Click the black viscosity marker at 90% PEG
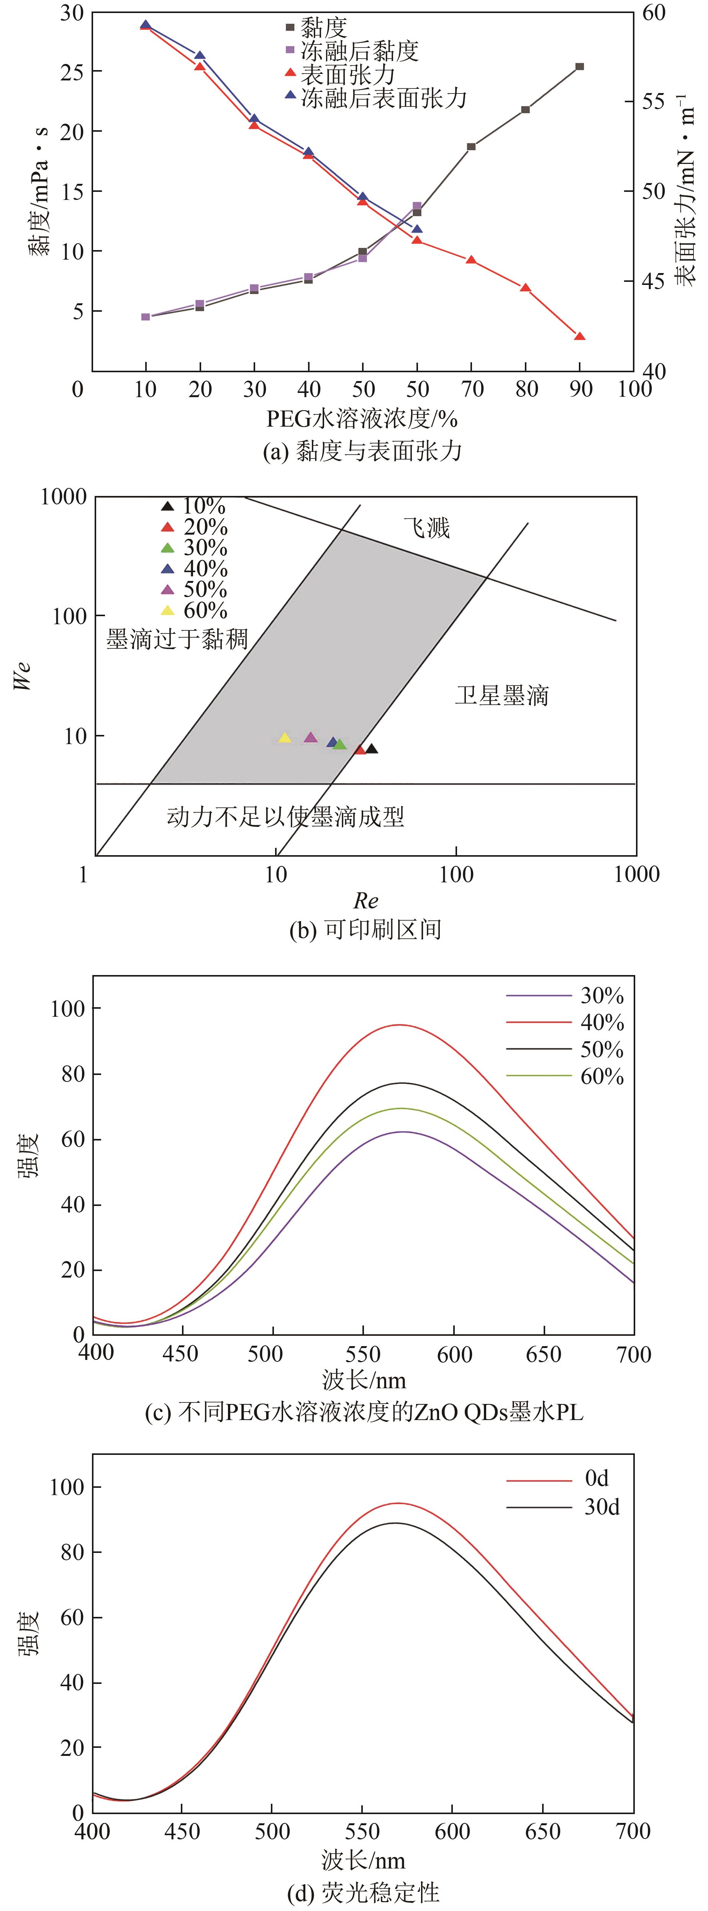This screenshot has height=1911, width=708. pos(580,67)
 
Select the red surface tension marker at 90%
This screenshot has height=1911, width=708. pos(580,337)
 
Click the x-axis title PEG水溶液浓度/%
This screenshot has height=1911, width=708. pos(362,419)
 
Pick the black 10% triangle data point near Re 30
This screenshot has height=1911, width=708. pos(371,749)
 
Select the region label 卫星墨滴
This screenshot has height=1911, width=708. pos(501,696)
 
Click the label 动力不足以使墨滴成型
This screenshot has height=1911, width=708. pos(286,817)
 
